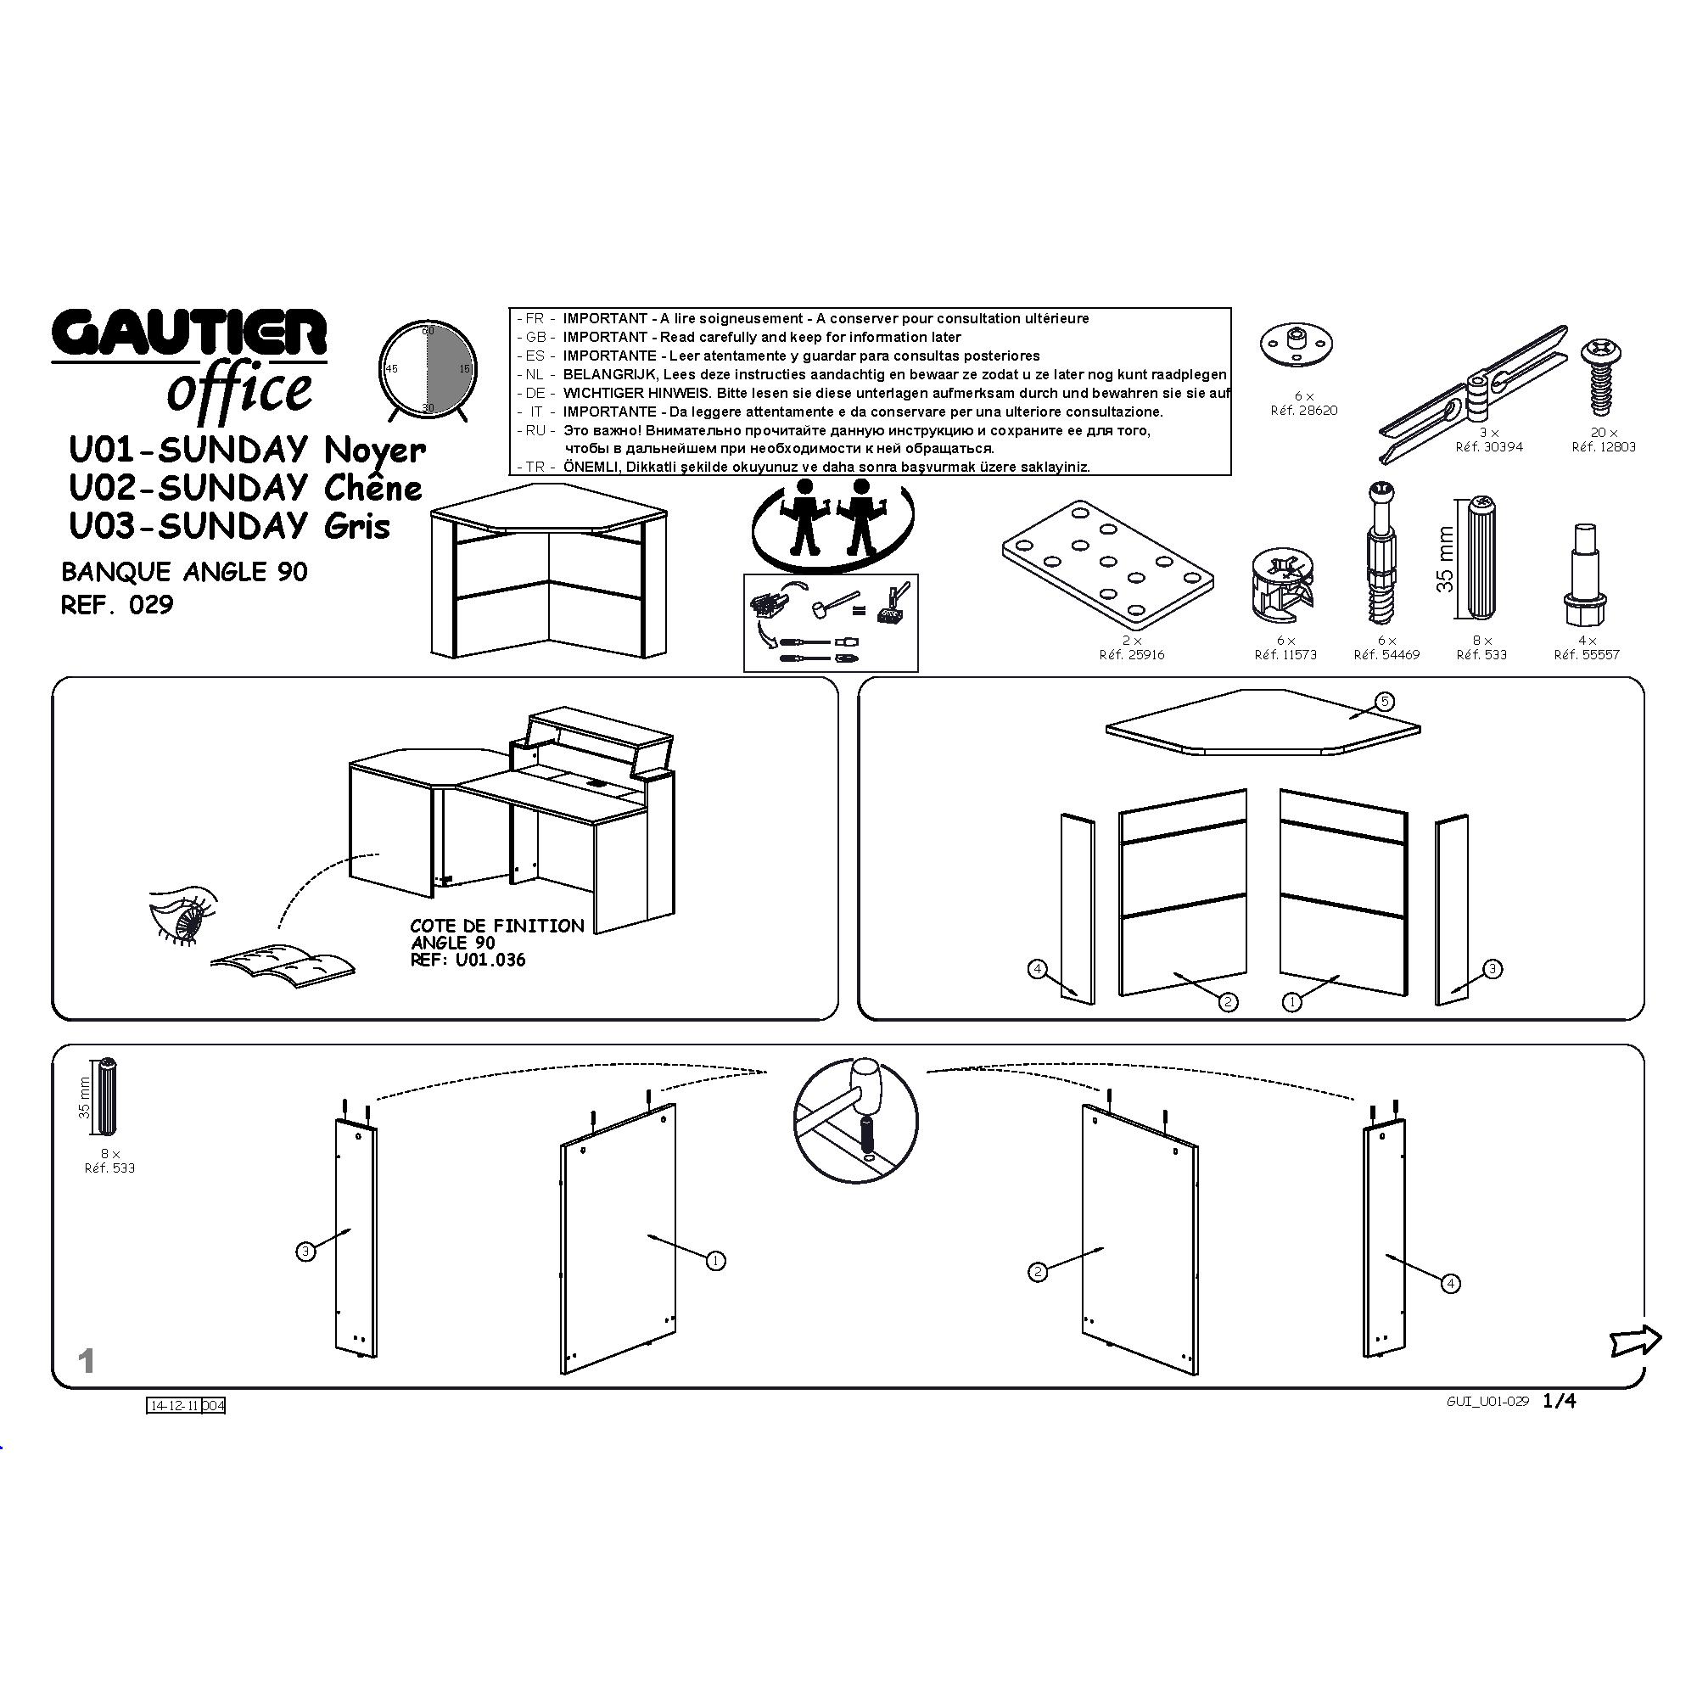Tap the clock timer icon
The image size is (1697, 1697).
coord(428,370)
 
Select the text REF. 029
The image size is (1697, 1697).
coord(117,605)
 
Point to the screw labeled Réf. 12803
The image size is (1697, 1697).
coord(1602,377)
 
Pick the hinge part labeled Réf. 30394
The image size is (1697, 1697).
coord(1474,393)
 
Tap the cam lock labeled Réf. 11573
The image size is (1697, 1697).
coord(1283,582)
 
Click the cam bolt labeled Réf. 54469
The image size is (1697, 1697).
coord(1382,554)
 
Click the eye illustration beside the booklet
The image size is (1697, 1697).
coord(182,917)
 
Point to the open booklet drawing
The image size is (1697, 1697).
coord(283,960)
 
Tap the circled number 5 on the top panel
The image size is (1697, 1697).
coord(1383,701)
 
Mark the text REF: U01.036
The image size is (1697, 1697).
coord(468,960)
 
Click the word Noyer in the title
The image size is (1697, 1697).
coord(375,451)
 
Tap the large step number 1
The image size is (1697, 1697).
coord(86,1362)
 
